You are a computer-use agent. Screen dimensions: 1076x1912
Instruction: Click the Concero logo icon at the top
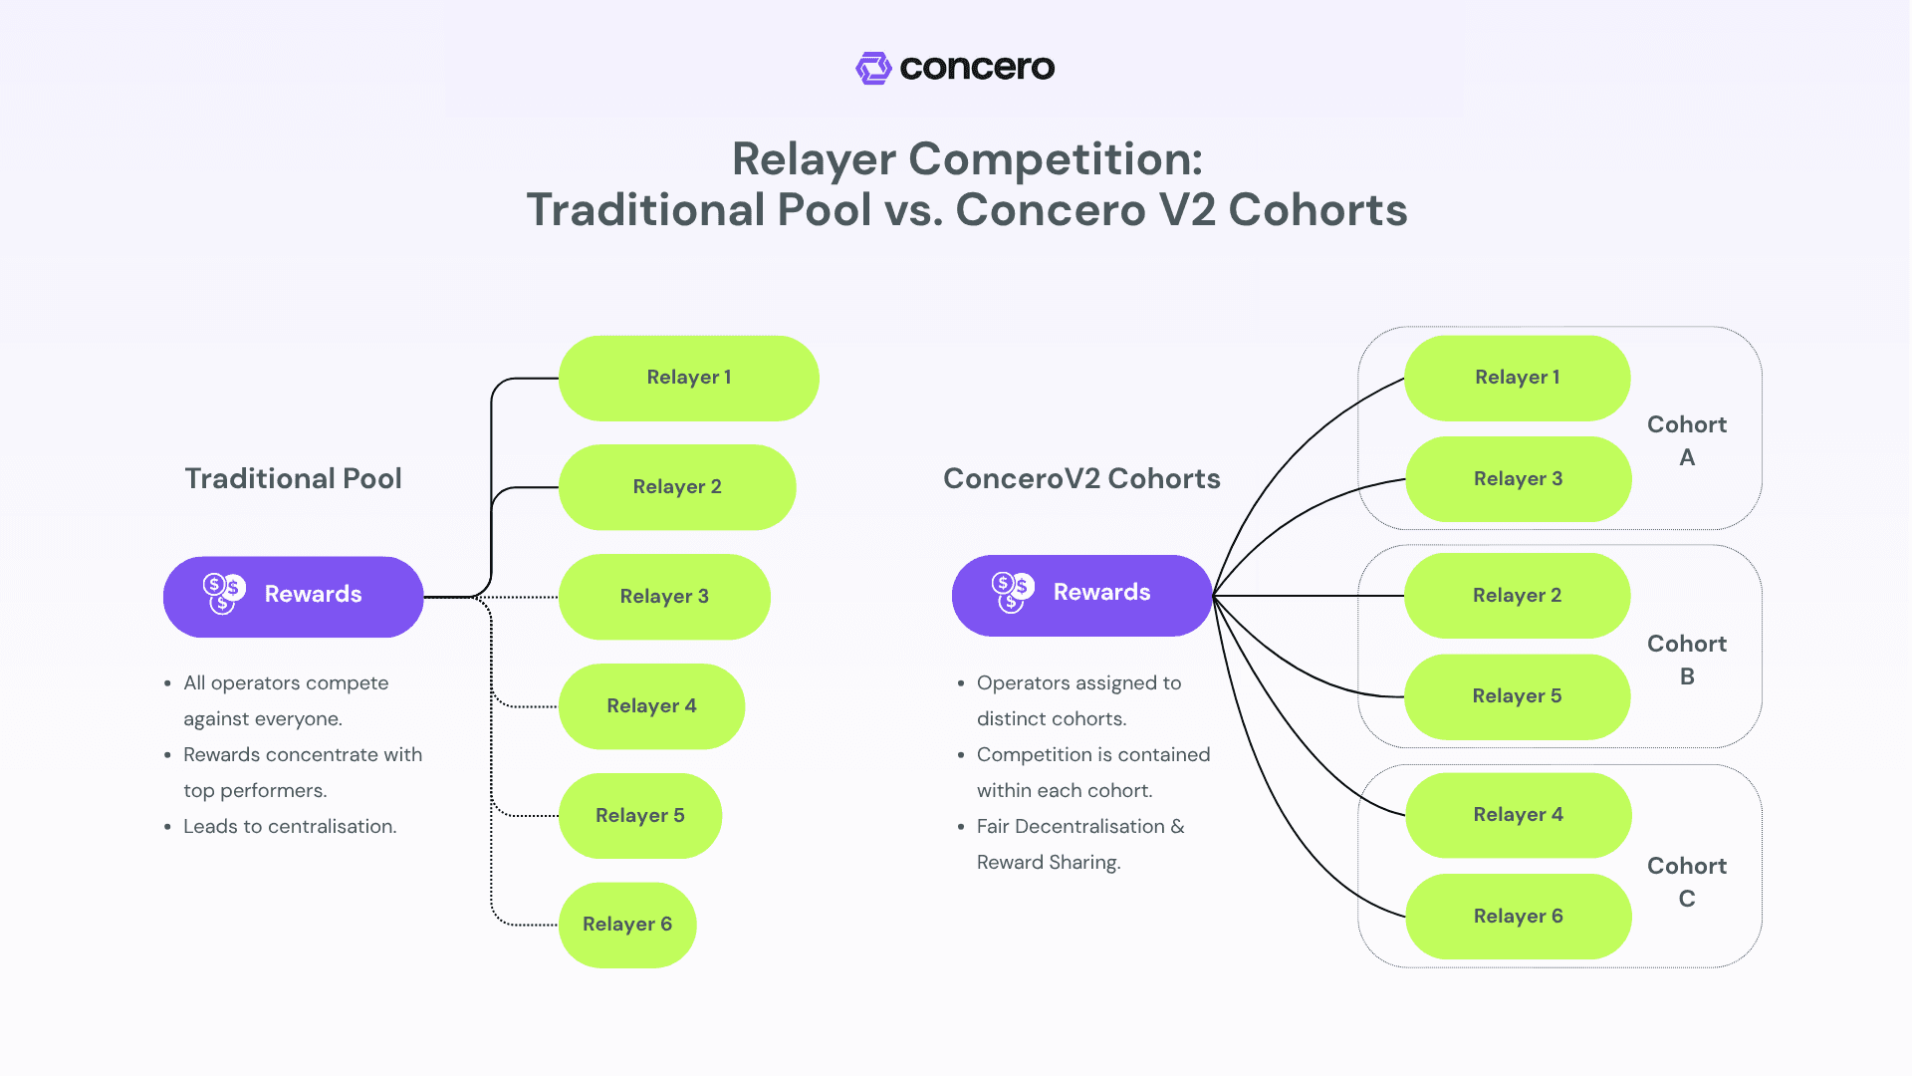point(873,68)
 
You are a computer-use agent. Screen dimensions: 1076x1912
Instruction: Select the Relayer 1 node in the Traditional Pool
point(688,378)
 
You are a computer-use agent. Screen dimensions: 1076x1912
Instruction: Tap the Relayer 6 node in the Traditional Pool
point(627,925)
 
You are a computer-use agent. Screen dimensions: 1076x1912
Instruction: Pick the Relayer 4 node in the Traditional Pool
point(651,706)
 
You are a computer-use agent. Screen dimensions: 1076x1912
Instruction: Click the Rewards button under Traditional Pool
point(293,596)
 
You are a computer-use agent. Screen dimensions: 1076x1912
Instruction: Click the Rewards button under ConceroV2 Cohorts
point(1081,595)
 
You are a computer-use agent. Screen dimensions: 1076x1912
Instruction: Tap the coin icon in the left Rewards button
point(223,593)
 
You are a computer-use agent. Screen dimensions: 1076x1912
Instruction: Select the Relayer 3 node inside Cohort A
point(1518,479)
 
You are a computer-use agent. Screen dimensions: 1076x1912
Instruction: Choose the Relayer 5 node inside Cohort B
point(1517,696)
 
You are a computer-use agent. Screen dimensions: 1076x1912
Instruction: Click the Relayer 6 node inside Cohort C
point(1518,917)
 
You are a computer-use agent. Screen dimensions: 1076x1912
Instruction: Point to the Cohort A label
point(1686,440)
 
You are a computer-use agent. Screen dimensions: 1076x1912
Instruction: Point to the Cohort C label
point(1686,882)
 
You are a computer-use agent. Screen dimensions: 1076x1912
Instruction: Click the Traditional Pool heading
point(293,478)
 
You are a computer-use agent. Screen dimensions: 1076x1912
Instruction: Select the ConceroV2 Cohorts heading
point(1081,478)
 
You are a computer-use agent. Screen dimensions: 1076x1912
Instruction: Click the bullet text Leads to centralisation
point(290,826)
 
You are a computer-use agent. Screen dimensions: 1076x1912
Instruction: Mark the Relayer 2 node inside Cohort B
point(1517,596)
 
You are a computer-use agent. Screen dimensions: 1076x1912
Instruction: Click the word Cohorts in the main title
point(1316,210)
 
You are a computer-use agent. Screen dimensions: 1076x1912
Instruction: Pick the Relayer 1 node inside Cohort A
point(1517,378)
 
